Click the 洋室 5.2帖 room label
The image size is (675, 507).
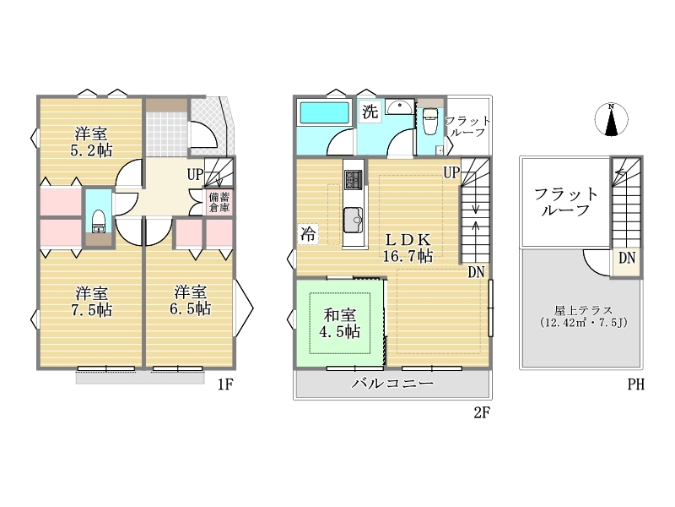[91, 141]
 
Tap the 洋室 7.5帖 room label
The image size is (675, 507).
[91, 302]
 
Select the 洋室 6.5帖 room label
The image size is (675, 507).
[190, 301]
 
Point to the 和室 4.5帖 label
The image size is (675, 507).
[339, 324]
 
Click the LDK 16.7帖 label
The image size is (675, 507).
[408, 248]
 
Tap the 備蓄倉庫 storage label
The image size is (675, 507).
[219, 202]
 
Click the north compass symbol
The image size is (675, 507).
[611, 119]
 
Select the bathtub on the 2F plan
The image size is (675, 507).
[324, 113]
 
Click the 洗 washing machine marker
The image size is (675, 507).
[370, 112]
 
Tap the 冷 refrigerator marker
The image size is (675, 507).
[308, 234]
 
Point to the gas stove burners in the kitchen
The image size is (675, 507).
[354, 179]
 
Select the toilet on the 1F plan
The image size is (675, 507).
[99, 221]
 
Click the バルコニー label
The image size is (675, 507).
[392, 384]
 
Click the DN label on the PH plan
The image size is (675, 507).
[627, 259]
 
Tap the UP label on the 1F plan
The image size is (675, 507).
[195, 175]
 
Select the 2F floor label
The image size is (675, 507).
[482, 412]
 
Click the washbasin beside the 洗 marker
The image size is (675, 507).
[399, 106]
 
